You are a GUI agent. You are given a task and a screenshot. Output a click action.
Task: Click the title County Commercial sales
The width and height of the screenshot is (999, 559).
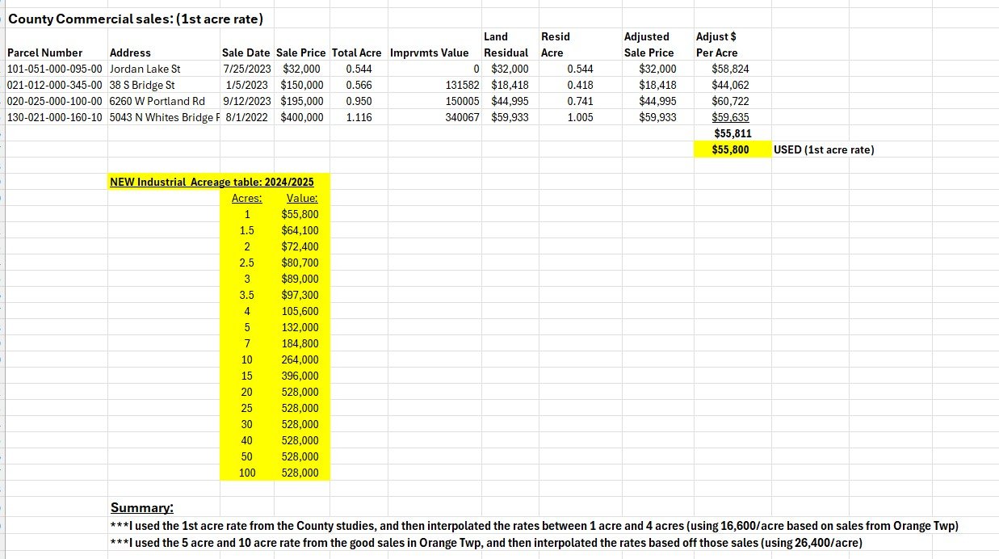[x=136, y=18]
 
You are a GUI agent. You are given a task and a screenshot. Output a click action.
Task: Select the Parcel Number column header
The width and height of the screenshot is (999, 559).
[x=44, y=53]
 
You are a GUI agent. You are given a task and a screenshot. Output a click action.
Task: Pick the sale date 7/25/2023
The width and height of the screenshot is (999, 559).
[x=246, y=69]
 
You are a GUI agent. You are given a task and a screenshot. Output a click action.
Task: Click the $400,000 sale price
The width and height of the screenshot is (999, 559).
[x=302, y=117]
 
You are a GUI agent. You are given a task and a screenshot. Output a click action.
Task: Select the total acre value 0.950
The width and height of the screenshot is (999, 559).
[x=359, y=101]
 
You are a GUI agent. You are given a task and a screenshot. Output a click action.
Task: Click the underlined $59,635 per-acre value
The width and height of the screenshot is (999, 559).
[x=730, y=117]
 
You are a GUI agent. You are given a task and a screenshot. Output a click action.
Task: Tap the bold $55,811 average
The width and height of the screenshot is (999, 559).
[x=732, y=133]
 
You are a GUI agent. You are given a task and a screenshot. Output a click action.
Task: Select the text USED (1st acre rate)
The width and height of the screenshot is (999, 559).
[x=823, y=149]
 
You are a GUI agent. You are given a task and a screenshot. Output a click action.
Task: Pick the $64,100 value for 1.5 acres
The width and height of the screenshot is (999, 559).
[x=300, y=230]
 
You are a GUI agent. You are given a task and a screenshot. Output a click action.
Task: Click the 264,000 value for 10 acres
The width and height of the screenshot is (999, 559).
[x=300, y=359]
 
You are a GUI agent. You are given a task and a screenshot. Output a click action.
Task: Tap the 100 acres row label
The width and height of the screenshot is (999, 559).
[x=247, y=473]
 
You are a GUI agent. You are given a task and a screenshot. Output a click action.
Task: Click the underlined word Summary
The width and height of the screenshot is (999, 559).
[x=141, y=508]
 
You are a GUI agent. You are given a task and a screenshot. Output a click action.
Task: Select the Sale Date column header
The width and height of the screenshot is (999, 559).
[x=246, y=53]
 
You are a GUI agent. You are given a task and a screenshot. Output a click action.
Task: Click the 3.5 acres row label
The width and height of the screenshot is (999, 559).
[x=247, y=295]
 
